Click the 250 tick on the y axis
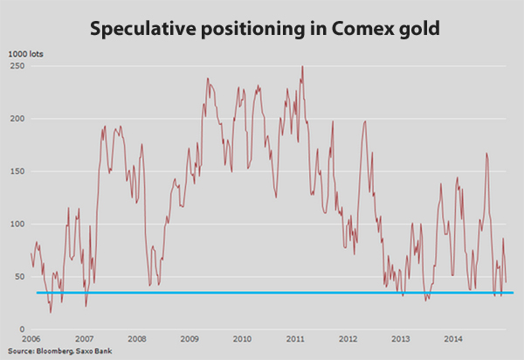point(16,66)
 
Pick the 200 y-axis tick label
point(16,119)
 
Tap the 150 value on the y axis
point(16,171)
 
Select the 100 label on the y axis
point(16,224)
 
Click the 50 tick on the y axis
point(18,276)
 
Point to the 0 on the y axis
point(21,329)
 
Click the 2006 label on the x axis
point(31,339)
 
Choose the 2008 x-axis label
point(136,339)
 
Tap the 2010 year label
point(242,339)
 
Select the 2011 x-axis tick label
point(295,339)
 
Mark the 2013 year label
point(401,339)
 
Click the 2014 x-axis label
point(453,339)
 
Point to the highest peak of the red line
point(302,66)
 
